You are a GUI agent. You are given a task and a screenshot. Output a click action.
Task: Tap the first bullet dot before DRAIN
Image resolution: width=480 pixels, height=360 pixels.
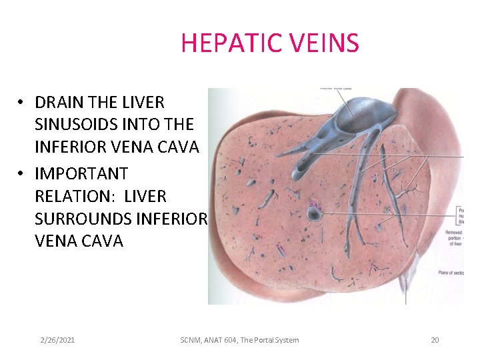pyautogui.click(x=21, y=103)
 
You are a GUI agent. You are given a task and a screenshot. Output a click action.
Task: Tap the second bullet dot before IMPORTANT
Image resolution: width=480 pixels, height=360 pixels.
pyautogui.click(x=21, y=174)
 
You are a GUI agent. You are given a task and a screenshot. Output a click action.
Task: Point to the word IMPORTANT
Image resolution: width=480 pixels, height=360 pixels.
pyautogui.click(x=81, y=174)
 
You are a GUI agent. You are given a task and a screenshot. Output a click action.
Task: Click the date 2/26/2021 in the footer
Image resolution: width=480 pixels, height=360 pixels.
pyautogui.click(x=57, y=340)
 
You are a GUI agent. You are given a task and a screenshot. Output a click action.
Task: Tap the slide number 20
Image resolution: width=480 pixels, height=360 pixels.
pyautogui.click(x=435, y=340)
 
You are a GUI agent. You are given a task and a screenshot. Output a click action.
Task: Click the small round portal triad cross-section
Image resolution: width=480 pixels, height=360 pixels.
pyautogui.click(x=314, y=213)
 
